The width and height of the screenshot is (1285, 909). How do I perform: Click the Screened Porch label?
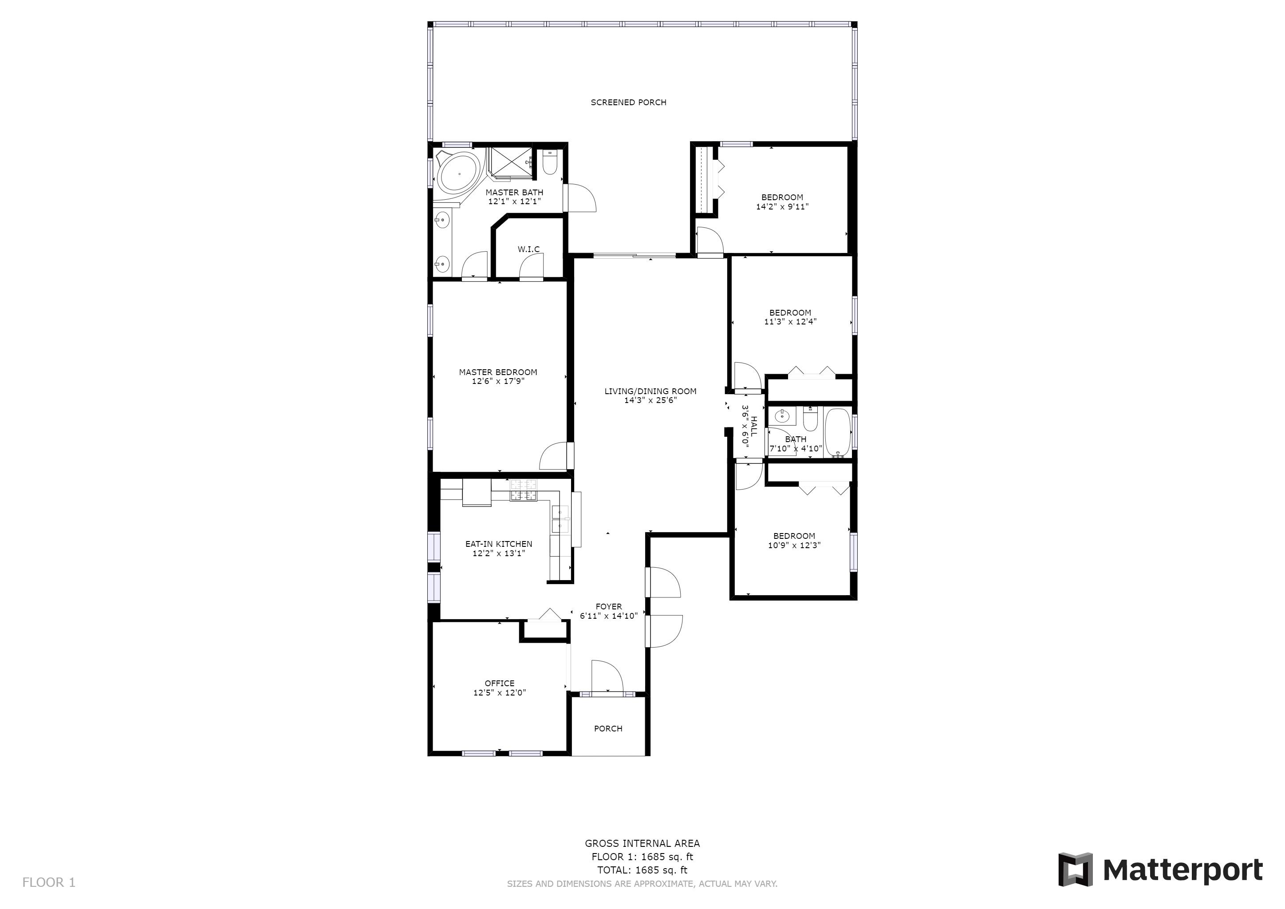tap(628, 103)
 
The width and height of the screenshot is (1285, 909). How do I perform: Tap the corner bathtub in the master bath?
tap(458, 174)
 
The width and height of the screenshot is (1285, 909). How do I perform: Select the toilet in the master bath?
tap(550, 162)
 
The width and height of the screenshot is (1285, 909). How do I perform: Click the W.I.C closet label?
tap(528, 249)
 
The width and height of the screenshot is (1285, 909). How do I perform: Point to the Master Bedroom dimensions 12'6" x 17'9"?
tap(498, 381)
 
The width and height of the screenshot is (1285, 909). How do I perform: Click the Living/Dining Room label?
tap(650, 391)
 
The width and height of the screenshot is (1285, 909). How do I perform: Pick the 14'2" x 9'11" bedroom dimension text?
tap(782, 206)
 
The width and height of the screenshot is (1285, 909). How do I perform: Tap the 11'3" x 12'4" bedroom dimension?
tap(790, 322)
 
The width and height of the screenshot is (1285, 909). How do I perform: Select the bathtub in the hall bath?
tap(838, 433)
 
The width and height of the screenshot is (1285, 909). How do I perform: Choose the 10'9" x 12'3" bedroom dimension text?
tap(794, 545)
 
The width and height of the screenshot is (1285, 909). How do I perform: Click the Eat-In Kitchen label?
tap(499, 544)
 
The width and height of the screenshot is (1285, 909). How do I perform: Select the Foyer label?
tap(609, 607)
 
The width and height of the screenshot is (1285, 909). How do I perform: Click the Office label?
tap(500, 684)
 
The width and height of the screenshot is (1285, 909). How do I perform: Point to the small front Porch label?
tap(608, 729)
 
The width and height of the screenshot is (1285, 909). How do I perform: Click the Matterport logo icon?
tap(1075, 870)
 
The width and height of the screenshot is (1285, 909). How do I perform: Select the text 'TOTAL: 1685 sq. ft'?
tap(642, 870)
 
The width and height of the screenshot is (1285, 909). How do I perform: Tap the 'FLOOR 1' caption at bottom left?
tap(49, 883)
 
